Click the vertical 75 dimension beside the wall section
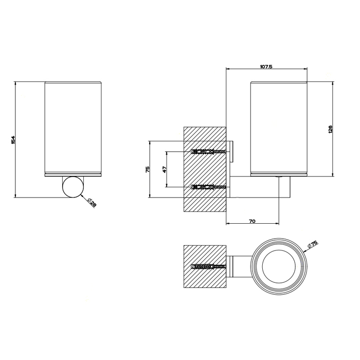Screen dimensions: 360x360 148,169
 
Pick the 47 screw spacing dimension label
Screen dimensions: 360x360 165,169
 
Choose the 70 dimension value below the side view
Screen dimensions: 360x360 252,221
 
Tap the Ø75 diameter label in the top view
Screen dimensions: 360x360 313,245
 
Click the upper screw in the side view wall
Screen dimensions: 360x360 208,152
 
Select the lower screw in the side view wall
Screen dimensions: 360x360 208,187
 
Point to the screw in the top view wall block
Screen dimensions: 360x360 208,267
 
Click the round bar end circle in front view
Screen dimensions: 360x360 72,187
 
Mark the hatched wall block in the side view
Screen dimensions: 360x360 205,170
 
